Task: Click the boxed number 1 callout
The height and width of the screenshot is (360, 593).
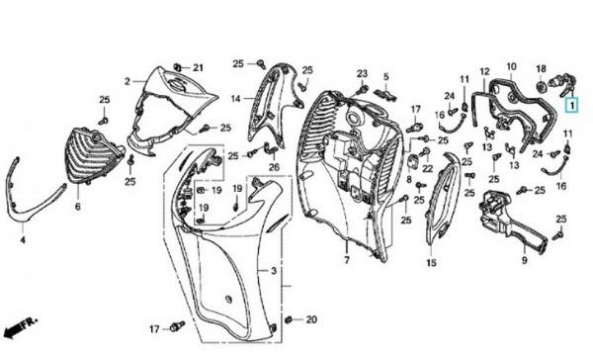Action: pos(572,105)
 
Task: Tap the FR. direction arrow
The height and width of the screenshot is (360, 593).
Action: pos(20,328)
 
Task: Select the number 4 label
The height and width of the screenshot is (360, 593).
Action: pos(23,240)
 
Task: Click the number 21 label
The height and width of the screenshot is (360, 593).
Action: pos(199,68)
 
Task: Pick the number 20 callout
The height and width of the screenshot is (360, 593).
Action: pos(311,319)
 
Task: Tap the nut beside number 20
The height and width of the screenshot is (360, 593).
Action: pos(290,319)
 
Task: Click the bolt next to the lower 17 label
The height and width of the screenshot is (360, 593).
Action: pos(177,326)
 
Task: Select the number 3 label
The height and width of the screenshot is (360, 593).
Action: pos(274,271)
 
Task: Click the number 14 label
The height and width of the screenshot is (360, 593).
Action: pos(235,99)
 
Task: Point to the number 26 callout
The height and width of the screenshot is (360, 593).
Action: pos(274,166)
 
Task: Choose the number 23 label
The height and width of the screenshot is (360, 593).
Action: pos(362,73)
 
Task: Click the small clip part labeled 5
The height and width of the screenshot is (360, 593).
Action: pos(385,93)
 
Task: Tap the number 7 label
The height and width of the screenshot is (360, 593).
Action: pos(347,260)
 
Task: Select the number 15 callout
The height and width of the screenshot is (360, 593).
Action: pos(432,263)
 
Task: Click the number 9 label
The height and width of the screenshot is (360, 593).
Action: pos(525,260)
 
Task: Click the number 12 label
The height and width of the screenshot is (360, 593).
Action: pos(485,71)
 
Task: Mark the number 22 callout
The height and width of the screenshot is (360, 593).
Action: pos(427,168)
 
